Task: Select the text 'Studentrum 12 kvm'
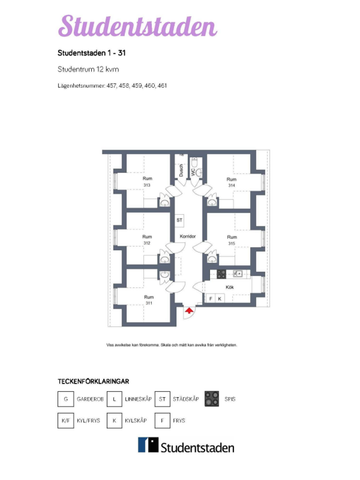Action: (87, 70)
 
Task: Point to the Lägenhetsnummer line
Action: (112, 86)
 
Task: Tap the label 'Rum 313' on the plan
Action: (147, 182)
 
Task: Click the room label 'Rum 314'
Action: (231, 182)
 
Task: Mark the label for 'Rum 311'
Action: (148, 299)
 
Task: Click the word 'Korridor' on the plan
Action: (187, 237)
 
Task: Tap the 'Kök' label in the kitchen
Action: (230, 286)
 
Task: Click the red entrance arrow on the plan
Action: (188, 313)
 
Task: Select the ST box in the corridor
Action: (179, 219)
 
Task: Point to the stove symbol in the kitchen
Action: (221, 273)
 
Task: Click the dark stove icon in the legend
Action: (211, 397)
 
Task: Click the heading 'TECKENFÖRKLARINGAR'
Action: (95, 381)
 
